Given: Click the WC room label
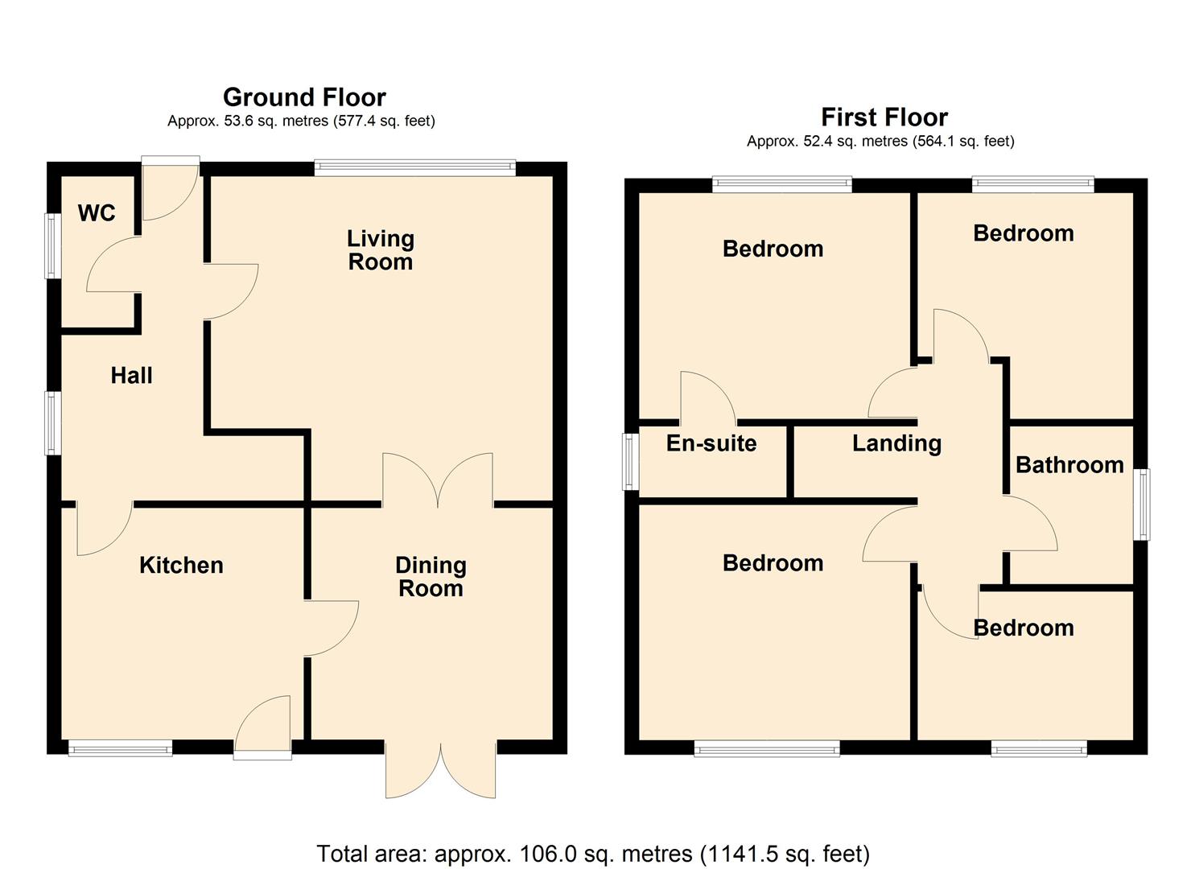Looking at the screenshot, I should tap(97, 213).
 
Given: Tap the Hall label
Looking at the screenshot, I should tap(131, 375).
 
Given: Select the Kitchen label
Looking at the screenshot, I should tap(181, 565).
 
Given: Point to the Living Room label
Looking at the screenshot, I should tap(380, 250).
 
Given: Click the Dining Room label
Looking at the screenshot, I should tap(431, 577).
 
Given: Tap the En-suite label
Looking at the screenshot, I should tap(711, 443).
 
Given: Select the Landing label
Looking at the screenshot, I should tap(896, 443).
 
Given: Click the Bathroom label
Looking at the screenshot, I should tap(1069, 465).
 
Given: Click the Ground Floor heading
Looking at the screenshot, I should tap(304, 97).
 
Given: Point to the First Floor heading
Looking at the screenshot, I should tap(884, 117).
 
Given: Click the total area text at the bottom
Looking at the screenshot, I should tap(593, 853).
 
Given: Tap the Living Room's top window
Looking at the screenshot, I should tap(414, 167).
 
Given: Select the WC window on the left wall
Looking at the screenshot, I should tap(53, 245).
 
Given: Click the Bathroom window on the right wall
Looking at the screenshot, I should tap(1141, 505).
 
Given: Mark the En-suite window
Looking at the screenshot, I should tap(631, 462).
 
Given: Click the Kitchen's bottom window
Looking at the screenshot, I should tap(120, 748).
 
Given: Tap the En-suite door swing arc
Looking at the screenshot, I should tap(707, 397).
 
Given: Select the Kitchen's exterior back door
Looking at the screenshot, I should tap(263, 728).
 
